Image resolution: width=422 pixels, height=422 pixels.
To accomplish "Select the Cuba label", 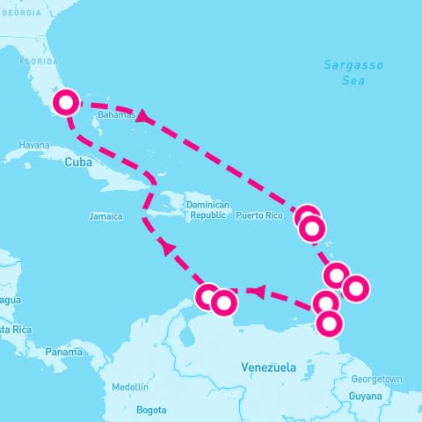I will click(78, 162).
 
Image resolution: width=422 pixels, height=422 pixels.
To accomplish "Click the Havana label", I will click(34, 145).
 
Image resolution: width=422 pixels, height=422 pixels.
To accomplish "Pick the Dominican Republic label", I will click(209, 210).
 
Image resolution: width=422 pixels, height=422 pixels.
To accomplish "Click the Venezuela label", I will click(268, 367).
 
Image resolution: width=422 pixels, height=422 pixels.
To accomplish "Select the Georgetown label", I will click(376, 379).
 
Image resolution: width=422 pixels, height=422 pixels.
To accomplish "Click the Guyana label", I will click(365, 397).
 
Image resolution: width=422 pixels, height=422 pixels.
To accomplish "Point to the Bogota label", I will click(151, 410).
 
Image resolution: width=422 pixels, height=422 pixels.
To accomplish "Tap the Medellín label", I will click(130, 387).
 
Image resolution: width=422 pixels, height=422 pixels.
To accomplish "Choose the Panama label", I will click(63, 352).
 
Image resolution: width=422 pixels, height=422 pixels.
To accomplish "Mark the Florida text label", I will click(39, 62).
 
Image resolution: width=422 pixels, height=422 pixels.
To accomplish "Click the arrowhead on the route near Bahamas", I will click(141, 115).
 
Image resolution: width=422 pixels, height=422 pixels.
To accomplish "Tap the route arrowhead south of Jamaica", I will click(167, 249).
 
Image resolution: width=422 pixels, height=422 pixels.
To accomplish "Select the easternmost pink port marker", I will click(355, 287).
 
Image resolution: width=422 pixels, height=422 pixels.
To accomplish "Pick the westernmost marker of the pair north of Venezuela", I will click(208, 296).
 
